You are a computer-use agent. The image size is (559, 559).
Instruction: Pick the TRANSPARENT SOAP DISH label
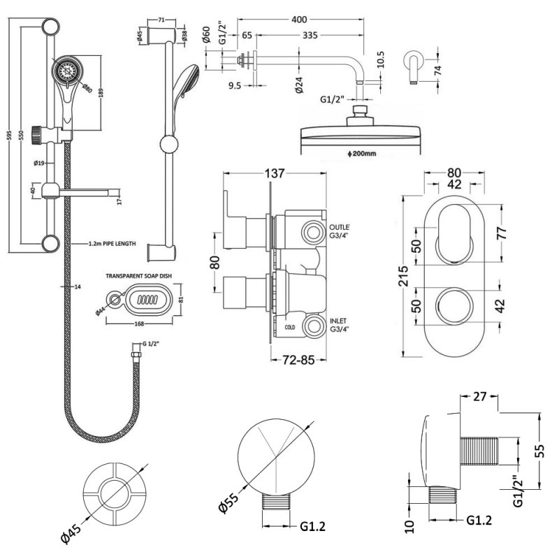click(x=138, y=276)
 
